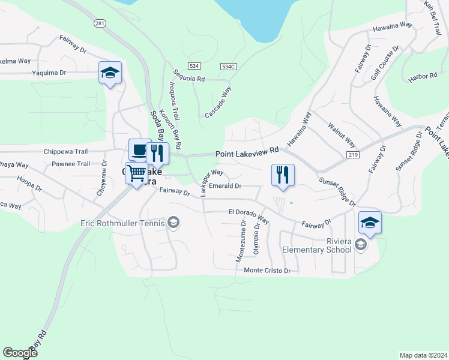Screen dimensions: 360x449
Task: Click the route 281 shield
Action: point(100,23)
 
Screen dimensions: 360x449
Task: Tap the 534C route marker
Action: point(228,65)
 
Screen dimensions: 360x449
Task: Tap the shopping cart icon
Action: point(136,173)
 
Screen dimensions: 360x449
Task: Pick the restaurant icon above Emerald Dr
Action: point(283,175)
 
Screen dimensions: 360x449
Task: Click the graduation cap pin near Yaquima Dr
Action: point(110,73)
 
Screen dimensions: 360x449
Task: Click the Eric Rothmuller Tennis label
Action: point(122,224)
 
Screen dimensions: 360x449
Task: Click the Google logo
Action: point(20,353)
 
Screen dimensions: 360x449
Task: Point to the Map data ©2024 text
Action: point(423,355)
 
